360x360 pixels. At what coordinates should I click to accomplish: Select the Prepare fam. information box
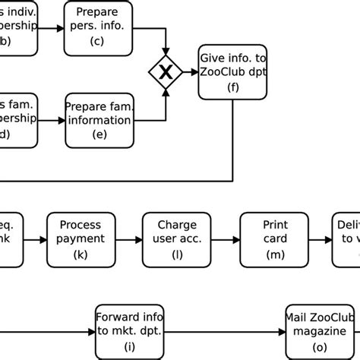pyautogui.click(x=99, y=120)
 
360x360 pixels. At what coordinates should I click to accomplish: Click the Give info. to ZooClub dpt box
pyautogui.click(x=232, y=72)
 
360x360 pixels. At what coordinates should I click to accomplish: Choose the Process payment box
pyautogui.click(x=81, y=239)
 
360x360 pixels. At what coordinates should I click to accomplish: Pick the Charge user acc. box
pyautogui.click(x=177, y=239)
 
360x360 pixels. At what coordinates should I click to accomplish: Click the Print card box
pyautogui.click(x=274, y=239)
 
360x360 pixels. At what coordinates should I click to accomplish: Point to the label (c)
pyautogui.click(x=97, y=41)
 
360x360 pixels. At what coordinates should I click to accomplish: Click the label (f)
pyautogui.click(x=232, y=87)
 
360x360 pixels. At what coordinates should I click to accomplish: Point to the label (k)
pyautogui.click(x=81, y=254)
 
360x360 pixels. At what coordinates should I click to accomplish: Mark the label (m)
pyautogui.click(x=274, y=254)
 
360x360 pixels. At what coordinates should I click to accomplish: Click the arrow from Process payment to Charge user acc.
pyautogui.click(x=128, y=239)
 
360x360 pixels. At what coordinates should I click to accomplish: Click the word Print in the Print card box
pyautogui.click(x=274, y=226)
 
